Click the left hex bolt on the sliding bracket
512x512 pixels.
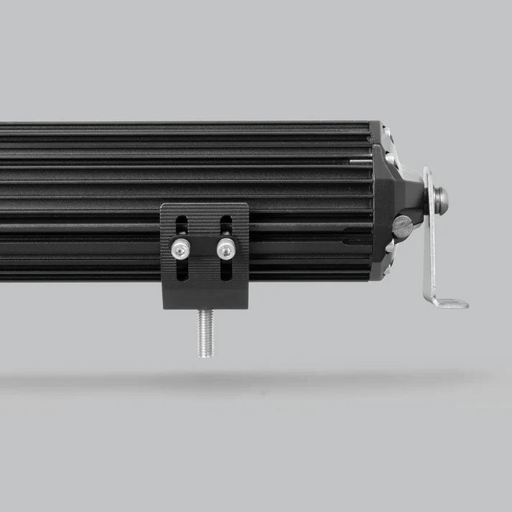tap(179, 248)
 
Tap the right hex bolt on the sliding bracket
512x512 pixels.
tap(226, 248)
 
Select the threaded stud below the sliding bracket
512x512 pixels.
tap(205, 332)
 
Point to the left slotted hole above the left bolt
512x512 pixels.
tap(181, 226)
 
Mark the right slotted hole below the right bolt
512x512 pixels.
tap(226, 269)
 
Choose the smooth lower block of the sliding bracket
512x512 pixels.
tap(205, 294)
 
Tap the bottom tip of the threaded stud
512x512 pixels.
tap(205, 355)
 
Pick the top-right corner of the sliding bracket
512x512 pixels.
tap(246, 205)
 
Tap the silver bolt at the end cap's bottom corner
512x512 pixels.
tap(389, 248)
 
